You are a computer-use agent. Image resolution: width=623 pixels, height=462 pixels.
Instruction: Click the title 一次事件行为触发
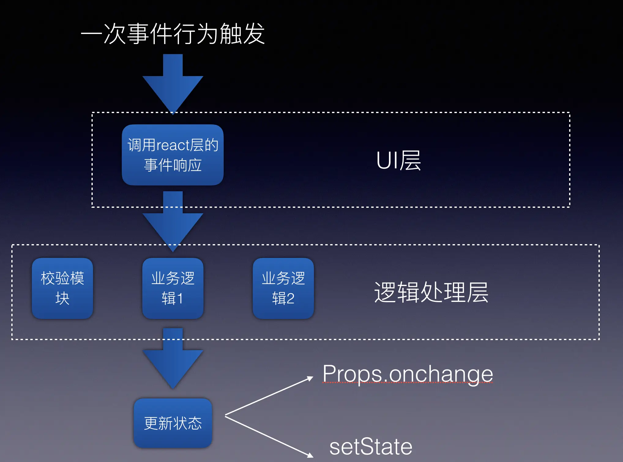coord(173,34)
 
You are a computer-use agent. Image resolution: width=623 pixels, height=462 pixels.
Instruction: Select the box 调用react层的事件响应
coord(173,155)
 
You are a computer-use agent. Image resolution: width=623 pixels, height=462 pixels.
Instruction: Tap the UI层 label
coord(398,160)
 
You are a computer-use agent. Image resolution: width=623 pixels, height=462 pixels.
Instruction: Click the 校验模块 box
coord(62,288)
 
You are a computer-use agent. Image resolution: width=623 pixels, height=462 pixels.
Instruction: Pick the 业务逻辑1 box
coord(173,288)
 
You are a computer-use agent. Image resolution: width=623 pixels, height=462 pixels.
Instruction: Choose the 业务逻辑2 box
coord(283,288)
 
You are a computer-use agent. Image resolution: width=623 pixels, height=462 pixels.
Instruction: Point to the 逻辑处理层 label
coord(431,292)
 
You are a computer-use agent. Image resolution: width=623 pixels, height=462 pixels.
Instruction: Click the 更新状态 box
coord(173,423)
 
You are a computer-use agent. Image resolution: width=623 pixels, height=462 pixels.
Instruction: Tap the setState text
coord(371,447)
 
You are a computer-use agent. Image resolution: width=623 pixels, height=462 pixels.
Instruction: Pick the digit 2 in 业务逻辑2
coord(289,299)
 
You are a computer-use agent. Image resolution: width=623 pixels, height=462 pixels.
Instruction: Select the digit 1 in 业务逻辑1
coord(180,299)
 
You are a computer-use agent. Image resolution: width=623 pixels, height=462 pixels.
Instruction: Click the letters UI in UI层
coord(387,160)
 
